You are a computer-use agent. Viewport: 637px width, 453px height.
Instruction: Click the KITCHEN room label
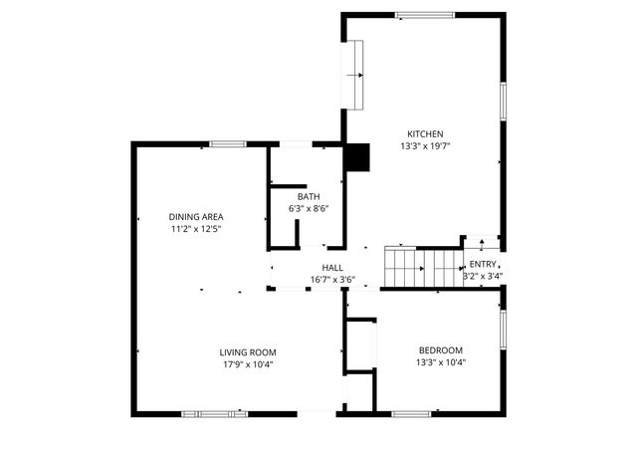424,133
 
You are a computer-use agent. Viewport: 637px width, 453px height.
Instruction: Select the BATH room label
309,196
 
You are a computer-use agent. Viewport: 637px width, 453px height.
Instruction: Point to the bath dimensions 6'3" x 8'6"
309,209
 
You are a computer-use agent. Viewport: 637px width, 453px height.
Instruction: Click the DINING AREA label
195,216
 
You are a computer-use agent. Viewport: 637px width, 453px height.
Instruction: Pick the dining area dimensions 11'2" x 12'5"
195,229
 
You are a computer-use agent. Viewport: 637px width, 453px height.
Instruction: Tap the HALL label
332,268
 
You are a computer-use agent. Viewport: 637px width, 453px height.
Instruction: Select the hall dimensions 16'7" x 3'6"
332,280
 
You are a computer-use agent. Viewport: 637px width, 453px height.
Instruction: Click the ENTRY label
483,264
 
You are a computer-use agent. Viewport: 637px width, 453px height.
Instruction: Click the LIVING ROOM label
248,351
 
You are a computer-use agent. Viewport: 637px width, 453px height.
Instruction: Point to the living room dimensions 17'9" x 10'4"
248,364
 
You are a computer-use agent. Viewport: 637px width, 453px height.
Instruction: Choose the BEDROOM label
441,349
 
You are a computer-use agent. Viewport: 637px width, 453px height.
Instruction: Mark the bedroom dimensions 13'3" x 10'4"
441,362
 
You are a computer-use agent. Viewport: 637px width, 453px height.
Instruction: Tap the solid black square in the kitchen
356,157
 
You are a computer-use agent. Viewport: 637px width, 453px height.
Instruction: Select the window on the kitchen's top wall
425,15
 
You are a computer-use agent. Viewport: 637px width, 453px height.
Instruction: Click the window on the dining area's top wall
227,144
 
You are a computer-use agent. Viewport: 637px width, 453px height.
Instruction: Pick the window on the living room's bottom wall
214,412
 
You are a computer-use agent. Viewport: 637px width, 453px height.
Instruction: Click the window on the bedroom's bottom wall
410,412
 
